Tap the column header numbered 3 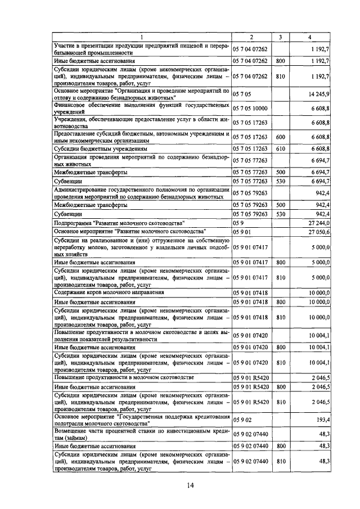click(280, 37)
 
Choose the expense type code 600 click(280, 137)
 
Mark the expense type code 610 click(280, 149)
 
